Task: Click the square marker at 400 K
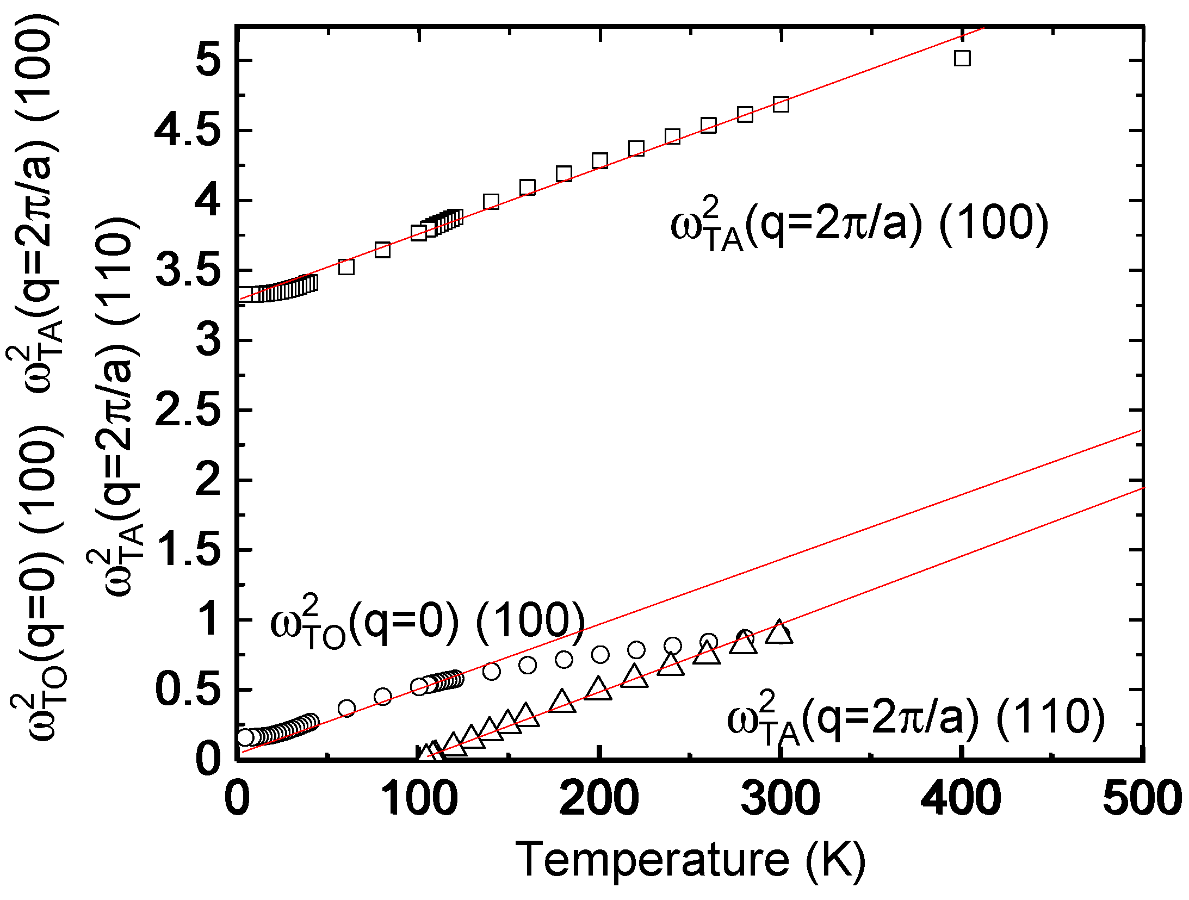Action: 962,58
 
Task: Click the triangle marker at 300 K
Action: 779,632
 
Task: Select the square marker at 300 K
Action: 781,104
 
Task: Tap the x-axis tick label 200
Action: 599,798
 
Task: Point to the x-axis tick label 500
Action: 1142,798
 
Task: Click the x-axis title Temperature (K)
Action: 690,859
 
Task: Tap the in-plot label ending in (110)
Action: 916,718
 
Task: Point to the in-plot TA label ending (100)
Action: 859,224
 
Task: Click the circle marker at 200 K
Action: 600,654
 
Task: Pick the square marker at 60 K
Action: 346,267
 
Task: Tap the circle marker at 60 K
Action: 346,709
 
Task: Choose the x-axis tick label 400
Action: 961,798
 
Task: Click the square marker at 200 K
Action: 600,161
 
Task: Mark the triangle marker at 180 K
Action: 562,702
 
